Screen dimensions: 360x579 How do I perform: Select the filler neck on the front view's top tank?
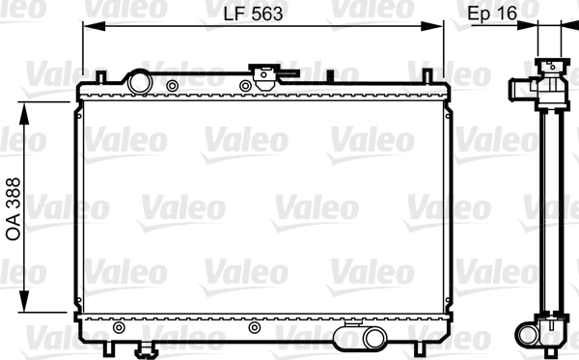[262, 76]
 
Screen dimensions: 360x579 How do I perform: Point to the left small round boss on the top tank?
[172, 88]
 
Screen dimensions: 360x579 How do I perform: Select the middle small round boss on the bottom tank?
[255, 327]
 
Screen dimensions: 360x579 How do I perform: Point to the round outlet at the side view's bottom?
[529, 335]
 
